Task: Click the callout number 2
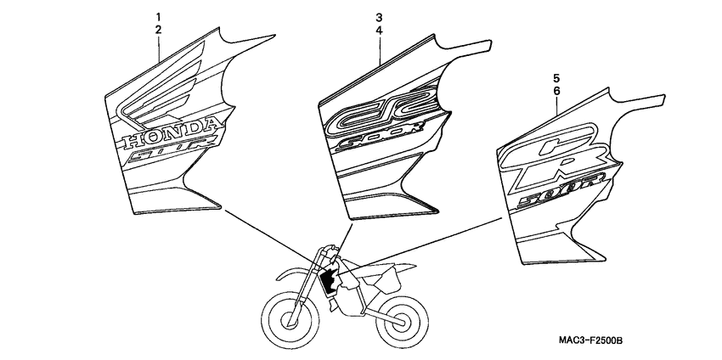[x=157, y=30]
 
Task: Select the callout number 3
[x=379, y=17]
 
